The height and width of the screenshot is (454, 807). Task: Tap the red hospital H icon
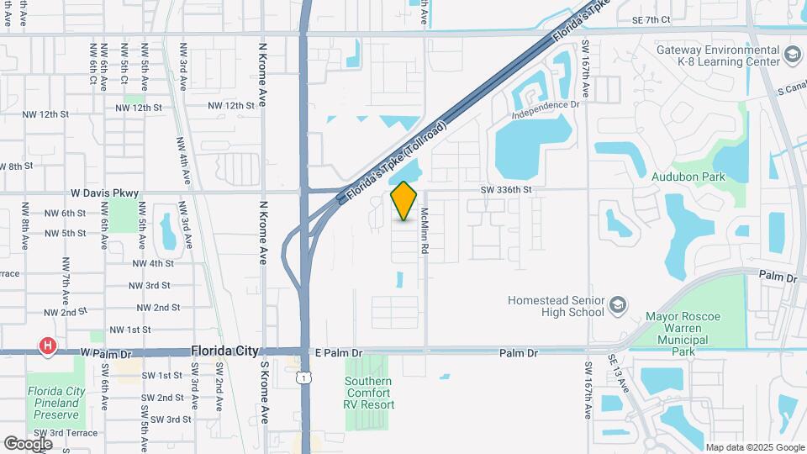point(48,346)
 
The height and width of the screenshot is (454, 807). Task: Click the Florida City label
point(224,351)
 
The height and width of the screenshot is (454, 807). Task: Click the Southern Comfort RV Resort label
point(368,393)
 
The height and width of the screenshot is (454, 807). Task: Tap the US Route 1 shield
point(301,379)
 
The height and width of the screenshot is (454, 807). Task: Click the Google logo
point(28,443)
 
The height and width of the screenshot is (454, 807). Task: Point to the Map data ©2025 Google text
point(754,447)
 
